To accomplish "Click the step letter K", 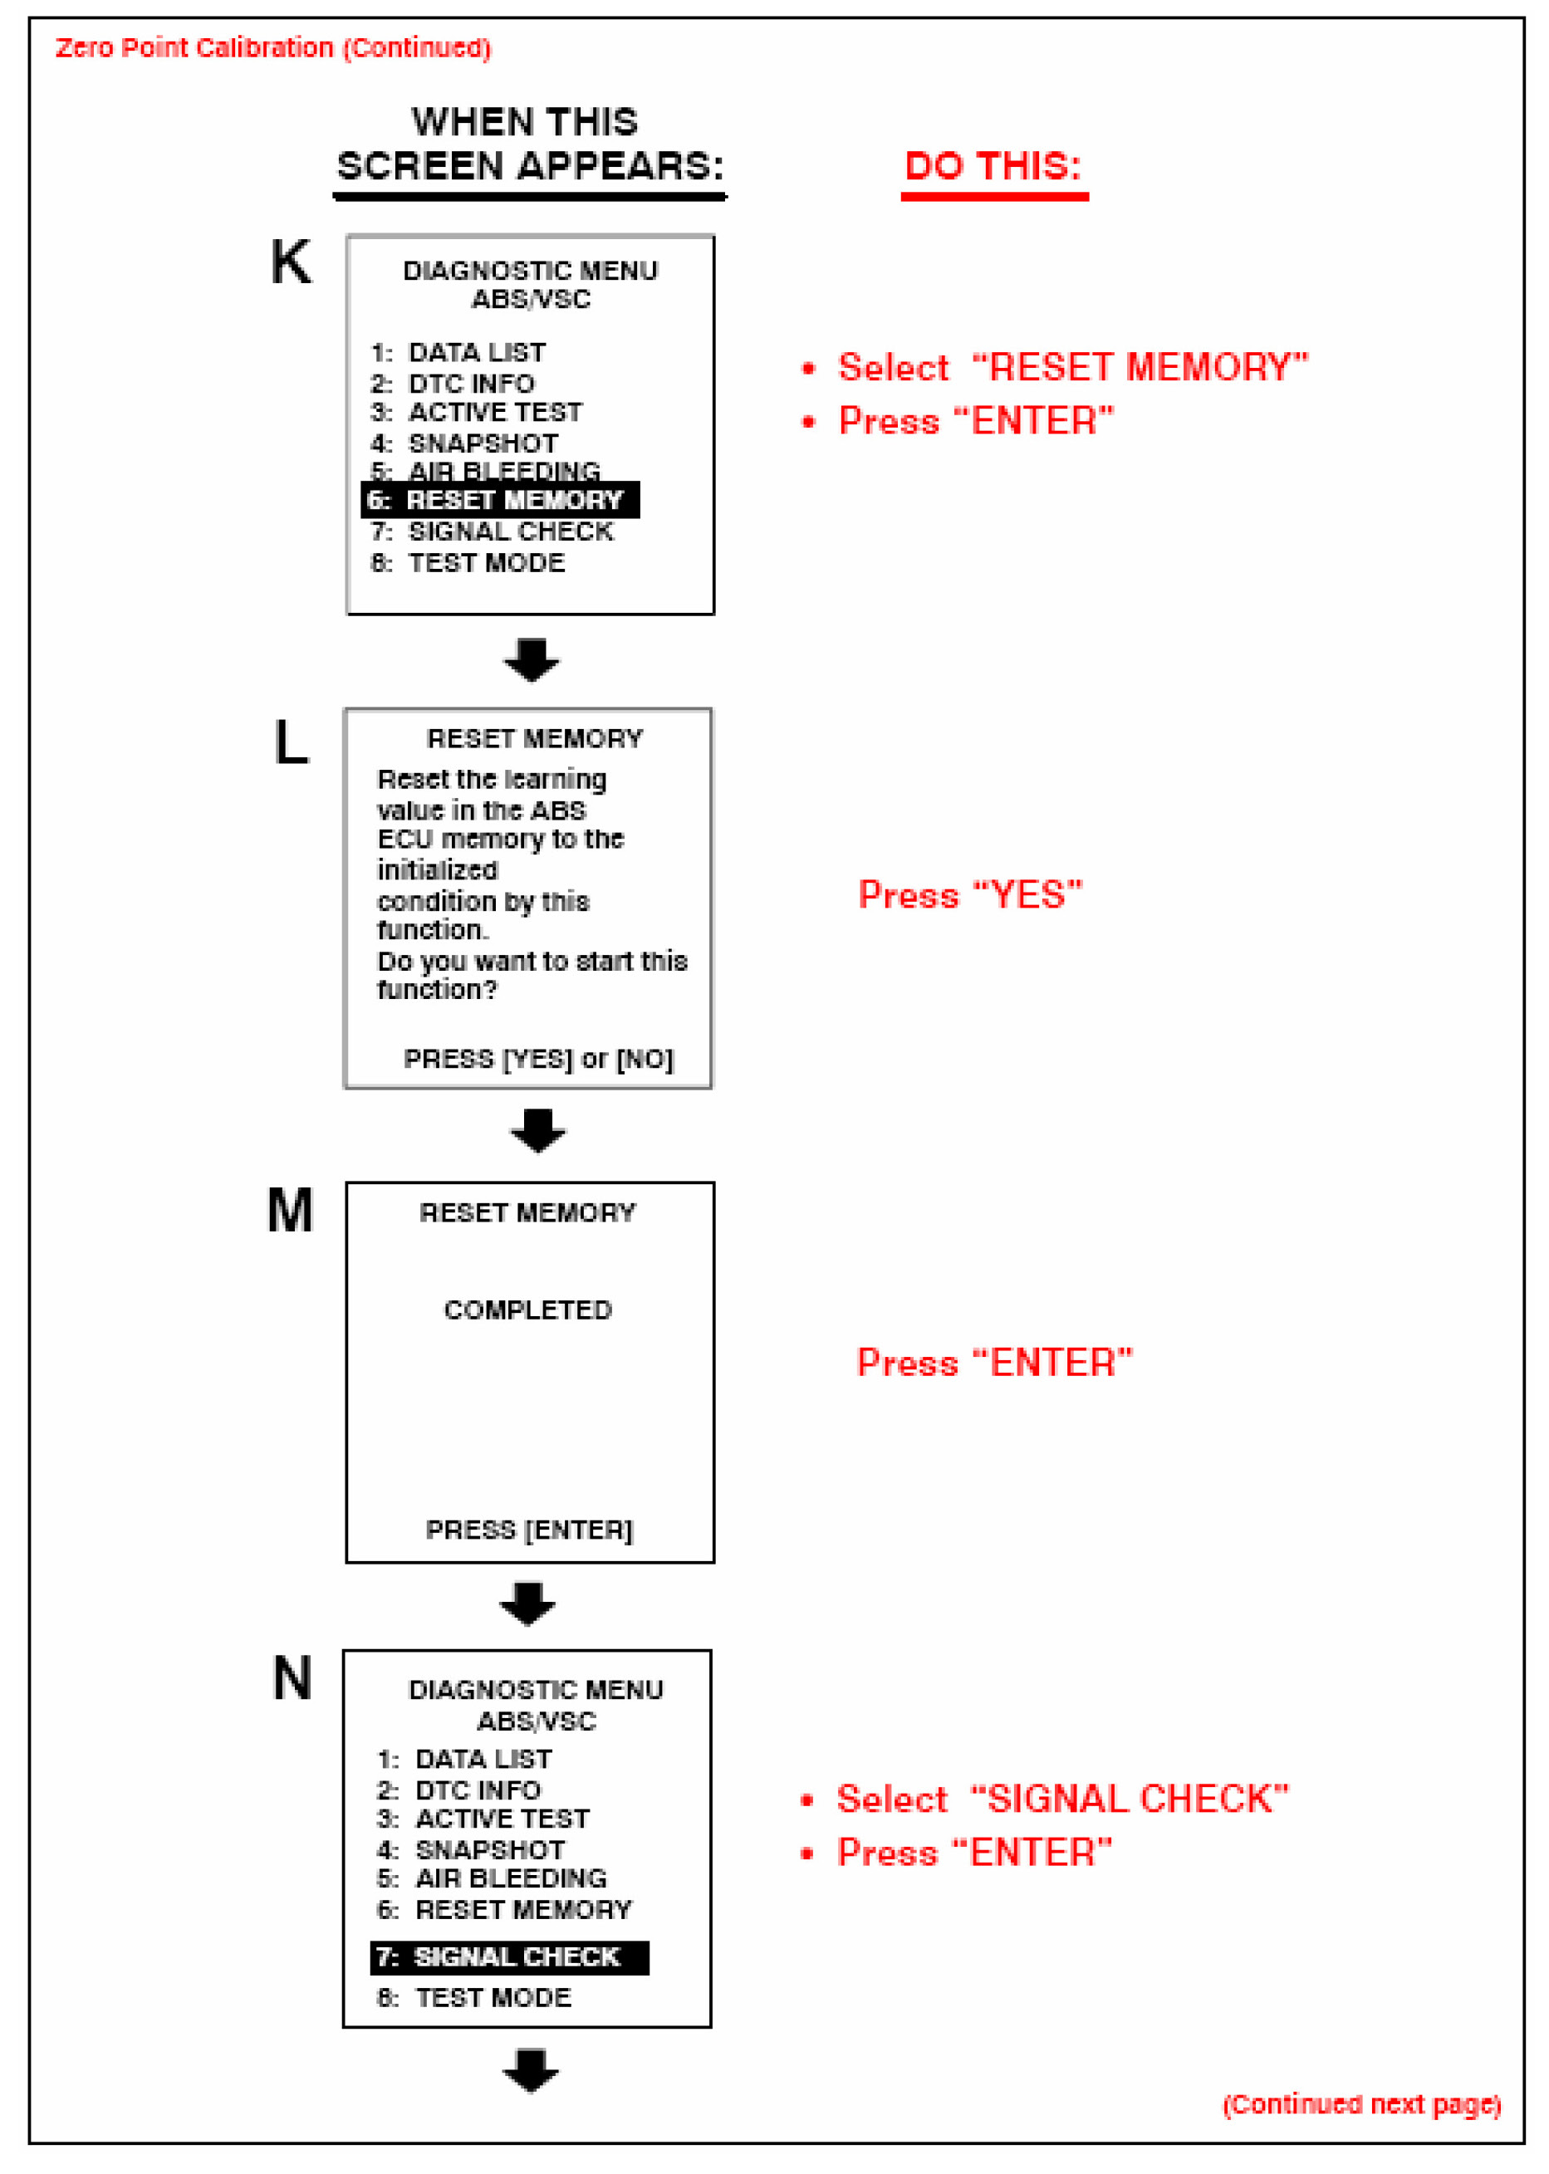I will point(290,262).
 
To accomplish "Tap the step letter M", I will point(290,1211).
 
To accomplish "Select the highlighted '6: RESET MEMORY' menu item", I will point(500,500).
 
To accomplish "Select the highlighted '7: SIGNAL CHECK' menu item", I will point(508,1957).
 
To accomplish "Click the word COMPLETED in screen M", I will point(527,1310).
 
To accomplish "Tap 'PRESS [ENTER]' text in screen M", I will point(528,1530).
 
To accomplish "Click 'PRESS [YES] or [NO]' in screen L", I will point(538,1060).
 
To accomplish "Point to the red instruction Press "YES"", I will point(970,895).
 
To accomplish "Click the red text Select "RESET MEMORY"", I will point(1072,368).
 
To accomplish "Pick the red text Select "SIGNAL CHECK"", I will point(1061,1799).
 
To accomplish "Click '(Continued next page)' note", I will point(1361,2104).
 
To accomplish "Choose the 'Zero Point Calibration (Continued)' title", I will point(272,47).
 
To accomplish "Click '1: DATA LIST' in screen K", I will point(458,353).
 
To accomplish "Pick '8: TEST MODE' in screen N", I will point(474,1998).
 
